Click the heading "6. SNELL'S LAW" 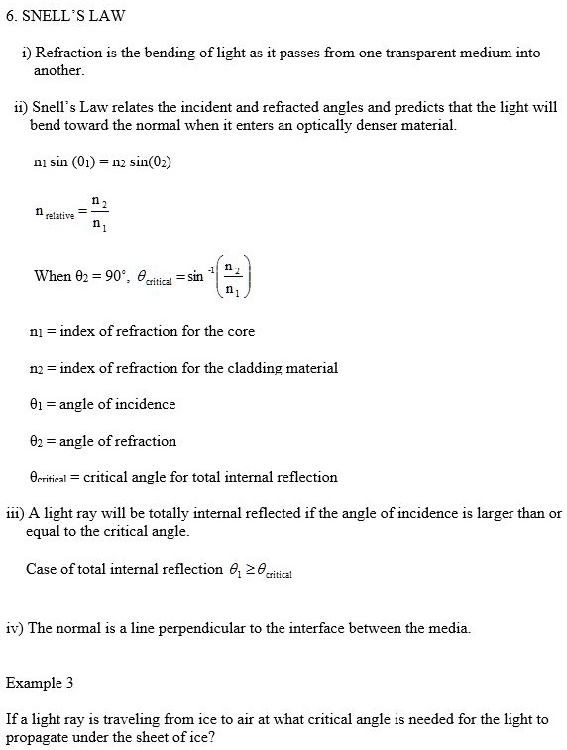pyautogui.click(x=57, y=18)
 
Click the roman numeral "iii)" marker pyautogui.click(x=14, y=513)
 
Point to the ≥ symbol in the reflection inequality pyautogui.click(x=247, y=569)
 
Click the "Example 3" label pyautogui.click(x=40, y=683)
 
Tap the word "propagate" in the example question pyautogui.click(x=37, y=738)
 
